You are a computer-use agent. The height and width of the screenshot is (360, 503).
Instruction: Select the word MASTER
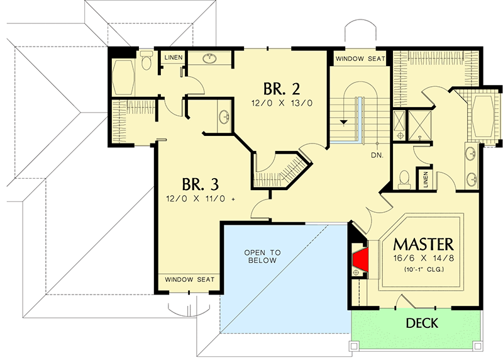[x=423, y=243]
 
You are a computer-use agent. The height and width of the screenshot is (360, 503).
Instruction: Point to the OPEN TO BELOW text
[x=263, y=256]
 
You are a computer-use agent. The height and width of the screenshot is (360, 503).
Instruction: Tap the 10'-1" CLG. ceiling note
[x=423, y=270]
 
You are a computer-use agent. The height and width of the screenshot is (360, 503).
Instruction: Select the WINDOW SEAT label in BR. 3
[x=190, y=279]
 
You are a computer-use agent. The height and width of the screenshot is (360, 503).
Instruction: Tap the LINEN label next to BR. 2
[x=174, y=58]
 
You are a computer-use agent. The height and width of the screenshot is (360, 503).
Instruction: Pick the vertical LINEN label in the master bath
[x=426, y=179]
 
